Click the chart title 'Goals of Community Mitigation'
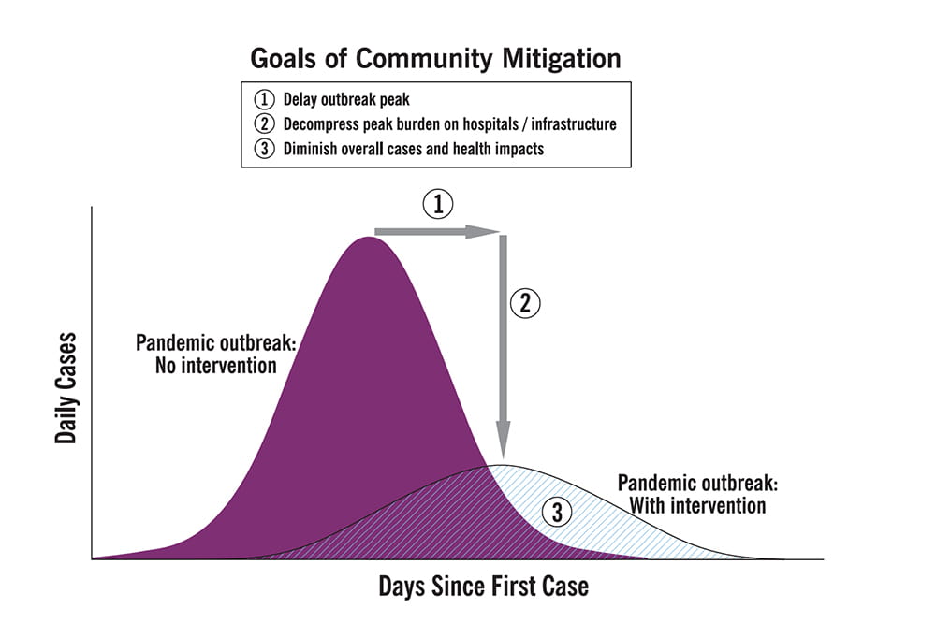435,59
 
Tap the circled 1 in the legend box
265,99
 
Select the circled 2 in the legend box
265,123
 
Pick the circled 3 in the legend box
265,148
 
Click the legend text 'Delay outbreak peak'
346,100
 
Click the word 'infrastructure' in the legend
574,124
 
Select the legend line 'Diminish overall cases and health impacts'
413,149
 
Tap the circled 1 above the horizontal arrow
438,204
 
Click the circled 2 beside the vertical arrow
525,303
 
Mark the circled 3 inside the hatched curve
557,512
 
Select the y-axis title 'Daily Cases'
66,388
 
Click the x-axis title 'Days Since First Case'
484,586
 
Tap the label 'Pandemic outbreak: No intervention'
216,354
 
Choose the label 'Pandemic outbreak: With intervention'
698,494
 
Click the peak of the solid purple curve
369,238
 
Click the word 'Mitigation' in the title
562,59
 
